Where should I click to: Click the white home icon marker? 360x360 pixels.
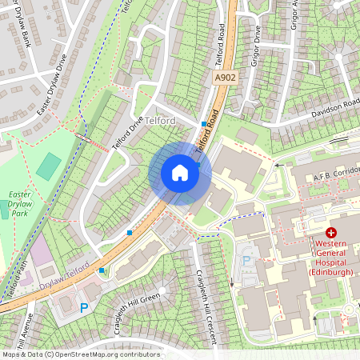(180, 173)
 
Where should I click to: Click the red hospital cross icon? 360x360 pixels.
(331, 232)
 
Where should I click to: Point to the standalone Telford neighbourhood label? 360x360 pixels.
(160, 119)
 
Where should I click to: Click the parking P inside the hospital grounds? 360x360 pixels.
(246, 261)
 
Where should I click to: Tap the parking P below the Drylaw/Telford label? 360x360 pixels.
(83, 307)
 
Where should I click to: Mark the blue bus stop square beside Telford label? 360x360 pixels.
(203, 123)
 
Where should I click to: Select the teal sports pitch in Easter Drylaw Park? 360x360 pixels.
(49, 166)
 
